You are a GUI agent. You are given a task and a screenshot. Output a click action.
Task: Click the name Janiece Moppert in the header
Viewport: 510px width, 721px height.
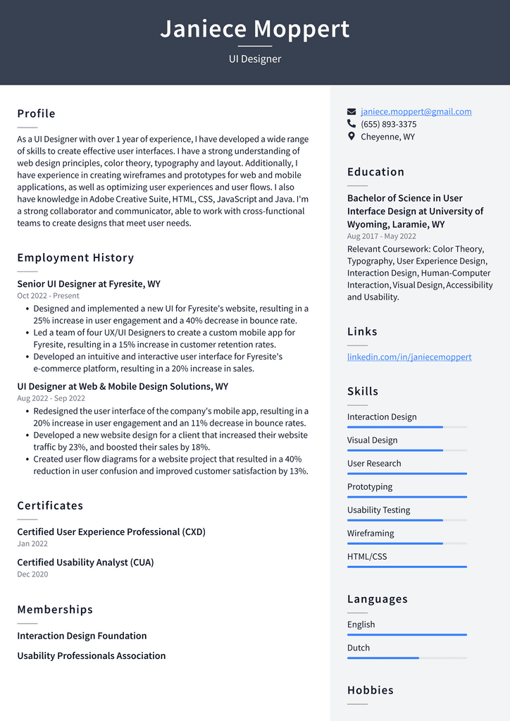pyautogui.click(x=254, y=29)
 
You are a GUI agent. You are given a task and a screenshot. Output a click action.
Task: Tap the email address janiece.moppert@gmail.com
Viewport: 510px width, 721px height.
pyautogui.click(x=416, y=111)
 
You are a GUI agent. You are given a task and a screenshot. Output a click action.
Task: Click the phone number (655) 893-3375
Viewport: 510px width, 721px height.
pyautogui.click(x=388, y=124)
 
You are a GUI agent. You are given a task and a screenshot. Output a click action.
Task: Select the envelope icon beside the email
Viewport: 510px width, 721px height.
pyautogui.click(x=352, y=111)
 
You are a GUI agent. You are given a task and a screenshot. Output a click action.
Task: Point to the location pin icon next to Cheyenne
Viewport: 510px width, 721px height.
pyautogui.click(x=352, y=137)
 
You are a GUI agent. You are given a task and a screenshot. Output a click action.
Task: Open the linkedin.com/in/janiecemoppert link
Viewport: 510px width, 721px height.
pyautogui.click(x=409, y=357)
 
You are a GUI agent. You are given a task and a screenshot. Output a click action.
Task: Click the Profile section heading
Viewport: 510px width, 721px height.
pyautogui.click(x=36, y=113)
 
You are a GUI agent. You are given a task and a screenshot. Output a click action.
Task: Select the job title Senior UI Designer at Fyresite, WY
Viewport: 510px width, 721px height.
pyautogui.click(x=89, y=284)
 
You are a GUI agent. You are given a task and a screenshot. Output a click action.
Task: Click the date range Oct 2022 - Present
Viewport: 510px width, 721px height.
pyautogui.click(x=48, y=296)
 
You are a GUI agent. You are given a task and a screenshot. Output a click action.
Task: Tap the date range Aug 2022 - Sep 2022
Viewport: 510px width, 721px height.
pyautogui.click(x=51, y=398)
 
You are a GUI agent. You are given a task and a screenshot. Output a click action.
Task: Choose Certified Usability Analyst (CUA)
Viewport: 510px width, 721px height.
pyautogui.click(x=85, y=562)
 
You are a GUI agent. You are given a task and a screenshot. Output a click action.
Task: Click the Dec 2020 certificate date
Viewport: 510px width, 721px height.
pyautogui.click(x=32, y=574)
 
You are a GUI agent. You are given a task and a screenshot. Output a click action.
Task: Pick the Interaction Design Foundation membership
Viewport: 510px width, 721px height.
pyautogui.click(x=82, y=636)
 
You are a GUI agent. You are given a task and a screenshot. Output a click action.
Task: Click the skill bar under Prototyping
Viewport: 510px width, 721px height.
pyautogui.click(x=406, y=497)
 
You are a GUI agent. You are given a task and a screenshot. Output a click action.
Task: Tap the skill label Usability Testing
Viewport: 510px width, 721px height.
pyautogui.click(x=378, y=510)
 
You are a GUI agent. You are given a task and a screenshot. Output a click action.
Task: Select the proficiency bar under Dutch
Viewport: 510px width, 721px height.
pyautogui.click(x=406, y=658)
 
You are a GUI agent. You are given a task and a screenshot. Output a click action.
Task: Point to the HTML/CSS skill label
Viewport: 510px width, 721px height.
pyautogui.click(x=367, y=556)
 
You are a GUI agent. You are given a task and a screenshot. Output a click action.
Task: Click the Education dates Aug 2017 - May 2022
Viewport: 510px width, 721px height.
pyautogui.click(x=381, y=237)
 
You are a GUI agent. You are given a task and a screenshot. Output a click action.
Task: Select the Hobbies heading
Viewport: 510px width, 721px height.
pyautogui.click(x=370, y=690)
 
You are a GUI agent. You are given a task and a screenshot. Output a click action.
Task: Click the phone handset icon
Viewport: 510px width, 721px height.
pyautogui.click(x=352, y=124)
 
